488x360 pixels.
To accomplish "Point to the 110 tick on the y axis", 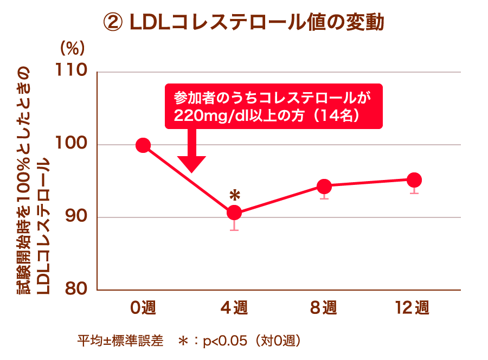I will click(x=74, y=71).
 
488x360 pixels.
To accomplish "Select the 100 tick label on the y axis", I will click(x=74, y=144).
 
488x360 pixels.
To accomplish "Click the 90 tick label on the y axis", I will click(x=78, y=217).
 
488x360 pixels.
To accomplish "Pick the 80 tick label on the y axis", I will click(x=78, y=290).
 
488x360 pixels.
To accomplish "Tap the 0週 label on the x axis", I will click(x=143, y=308).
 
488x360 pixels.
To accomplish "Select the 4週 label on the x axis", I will click(x=234, y=308).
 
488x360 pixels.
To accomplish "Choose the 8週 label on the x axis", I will click(x=324, y=308).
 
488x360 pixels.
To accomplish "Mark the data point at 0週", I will click(x=143, y=145).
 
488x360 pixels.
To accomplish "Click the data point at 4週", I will click(x=234, y=213).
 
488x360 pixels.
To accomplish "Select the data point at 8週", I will click(x=324, y=187).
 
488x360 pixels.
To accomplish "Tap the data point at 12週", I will click(x=414, y=180).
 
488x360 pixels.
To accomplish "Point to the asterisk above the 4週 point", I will click(x=234, y=195).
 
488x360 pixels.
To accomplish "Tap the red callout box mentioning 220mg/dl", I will click(x=273, y=106).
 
